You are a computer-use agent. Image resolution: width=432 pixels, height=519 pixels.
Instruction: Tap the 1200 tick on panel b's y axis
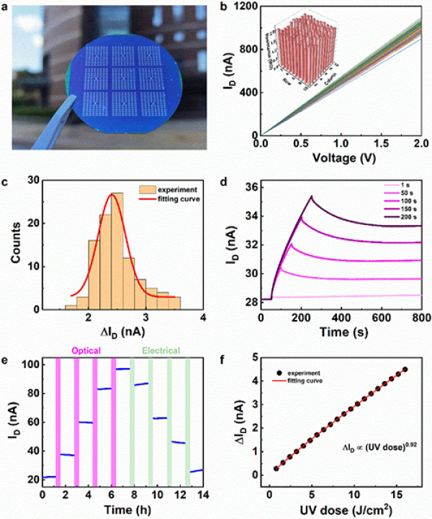pos(246,6)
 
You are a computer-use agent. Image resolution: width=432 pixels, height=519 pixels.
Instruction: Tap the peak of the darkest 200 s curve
pos(311,196)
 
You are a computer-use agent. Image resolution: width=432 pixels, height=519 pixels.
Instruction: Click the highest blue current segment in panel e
pos(122,369)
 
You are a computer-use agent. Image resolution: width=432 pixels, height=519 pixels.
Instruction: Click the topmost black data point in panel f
pos(405,369)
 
